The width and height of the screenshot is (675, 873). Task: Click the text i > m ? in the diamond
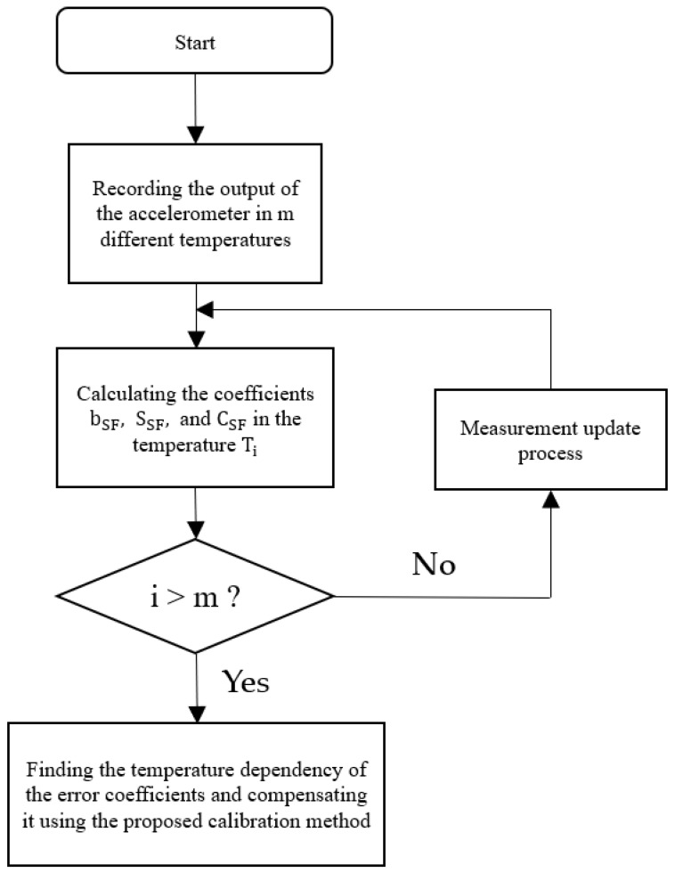coord(195,595)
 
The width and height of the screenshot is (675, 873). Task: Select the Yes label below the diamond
coord(245,681)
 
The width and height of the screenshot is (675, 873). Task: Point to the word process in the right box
coord(550,453)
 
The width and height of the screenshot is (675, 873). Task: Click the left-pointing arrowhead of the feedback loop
coord(205,309)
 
